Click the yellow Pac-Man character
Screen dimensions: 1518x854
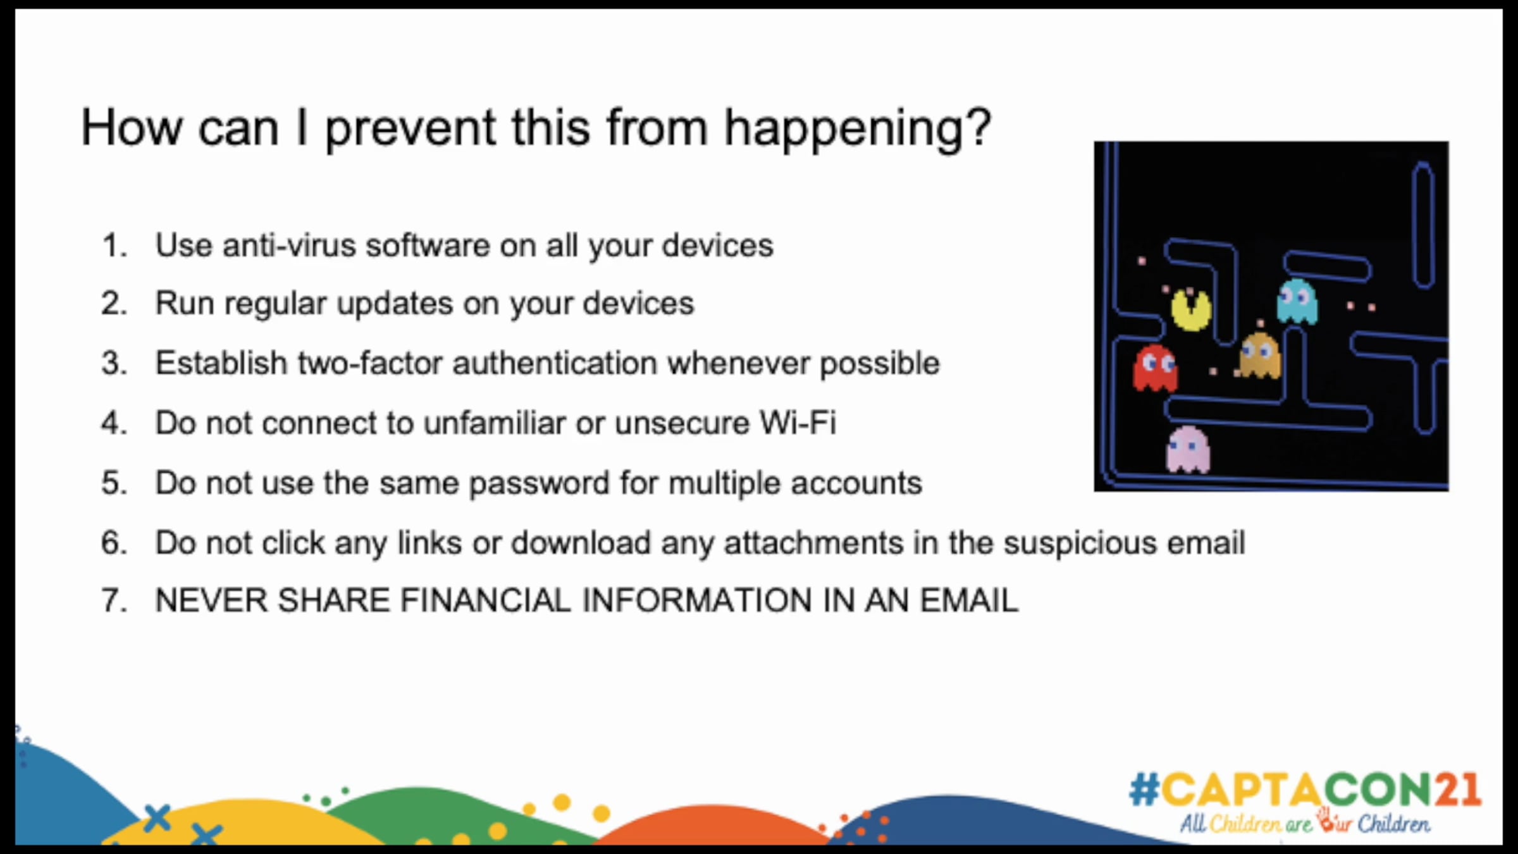[x=1191, y=310]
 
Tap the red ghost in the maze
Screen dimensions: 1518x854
[x=1155, y=368]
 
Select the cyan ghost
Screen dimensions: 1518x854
[x=1297, y=302]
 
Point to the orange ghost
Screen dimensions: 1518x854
[x=1260, y=356]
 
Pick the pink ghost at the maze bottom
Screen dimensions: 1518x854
[x=1188, y=450]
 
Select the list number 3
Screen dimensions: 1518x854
[x=114, y=363]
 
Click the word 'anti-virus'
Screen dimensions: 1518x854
[x=289, y=245]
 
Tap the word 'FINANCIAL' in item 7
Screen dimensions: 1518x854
[x=485, y=600]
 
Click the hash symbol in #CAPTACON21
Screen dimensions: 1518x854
[x=1144, y=789]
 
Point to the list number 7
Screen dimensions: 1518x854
[x=114, y=600]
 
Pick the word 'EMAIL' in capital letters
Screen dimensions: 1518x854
[x=969, y=600]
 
